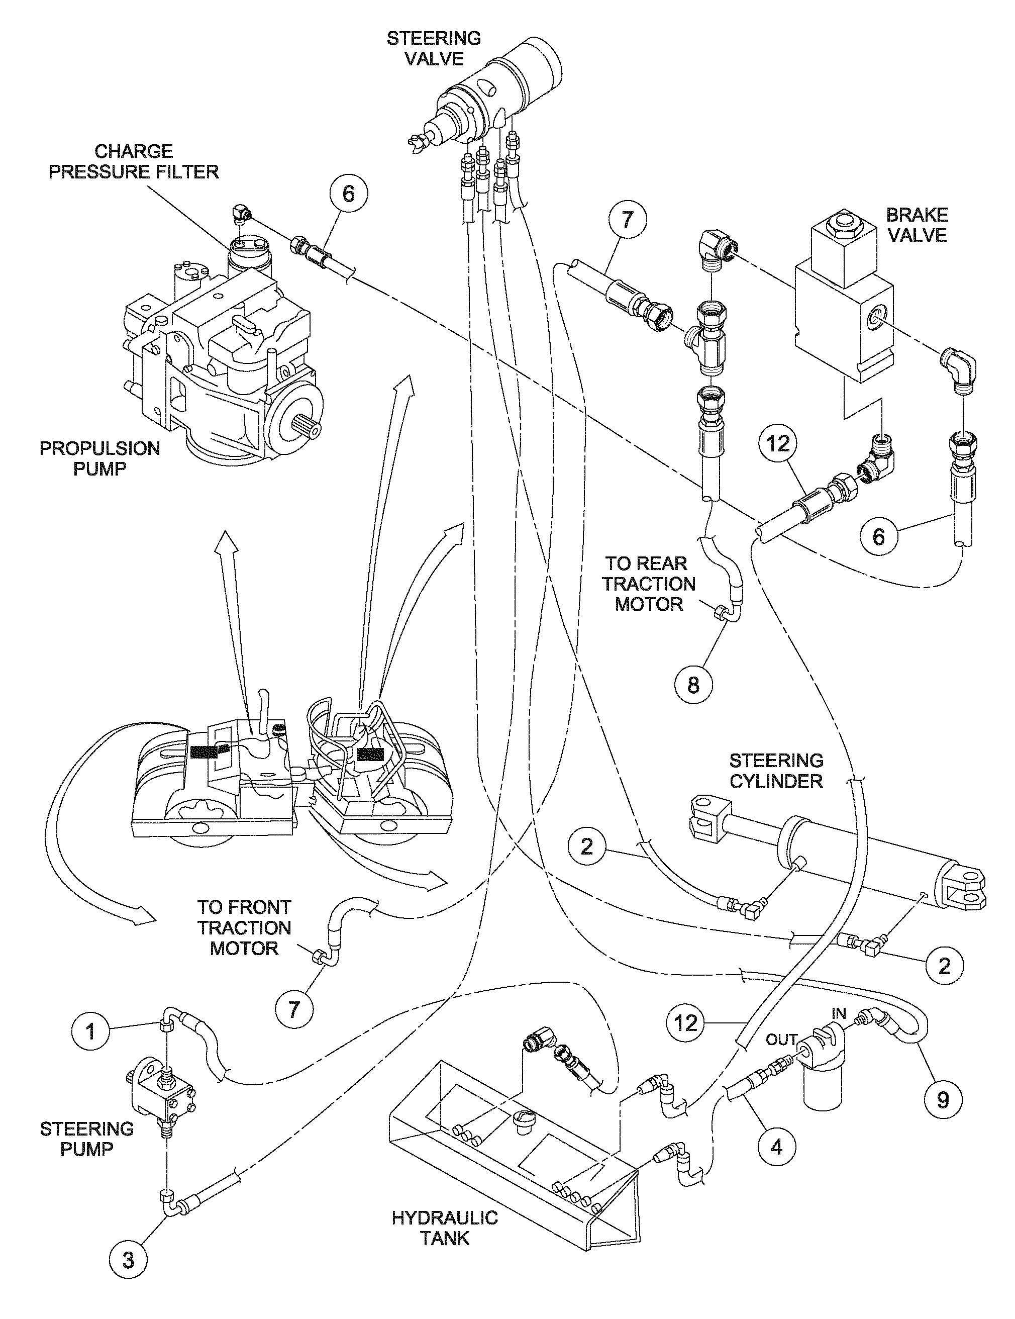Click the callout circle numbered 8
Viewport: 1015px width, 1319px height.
click(x=693, y=684)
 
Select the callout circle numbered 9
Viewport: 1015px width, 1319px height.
click(x=943, y=1100)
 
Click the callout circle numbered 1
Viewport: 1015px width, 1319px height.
click(x=90, y=1030)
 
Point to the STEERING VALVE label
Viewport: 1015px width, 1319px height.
click(x=434, y=48)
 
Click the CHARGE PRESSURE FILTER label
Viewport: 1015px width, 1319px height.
click(x=134, y=161)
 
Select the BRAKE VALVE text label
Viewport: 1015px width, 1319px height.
click(x=917, y=225)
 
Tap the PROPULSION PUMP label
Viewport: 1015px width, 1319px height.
click(x=99, y=458)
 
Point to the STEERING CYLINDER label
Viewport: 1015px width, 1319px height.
click(x=776, y=771)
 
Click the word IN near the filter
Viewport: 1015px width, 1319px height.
click(x=839, y=1013)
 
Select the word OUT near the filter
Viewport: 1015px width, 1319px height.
click(x=781, y=1040)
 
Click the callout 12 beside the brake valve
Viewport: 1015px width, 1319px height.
click(x=778, y=444)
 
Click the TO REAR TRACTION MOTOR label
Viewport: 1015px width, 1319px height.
click(x=649, y=584)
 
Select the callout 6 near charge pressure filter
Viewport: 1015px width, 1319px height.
click(x=348, y=194)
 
